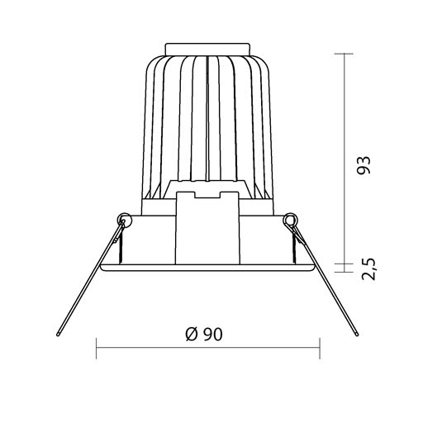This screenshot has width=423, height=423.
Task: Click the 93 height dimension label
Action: pyautogui.click(x=364, y=165)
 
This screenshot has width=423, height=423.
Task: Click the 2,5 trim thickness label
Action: pyautogui.click(x=368, y=269)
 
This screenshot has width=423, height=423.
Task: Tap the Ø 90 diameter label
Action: pyautogui.click(x=204, y=335)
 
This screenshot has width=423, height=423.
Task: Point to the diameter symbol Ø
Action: pyautogui.click(x=192, y=335)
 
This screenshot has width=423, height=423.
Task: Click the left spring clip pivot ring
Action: pyautogui.click(x=124, y=220)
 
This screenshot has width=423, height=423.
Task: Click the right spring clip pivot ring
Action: pyautogui.click(x=291, y=220)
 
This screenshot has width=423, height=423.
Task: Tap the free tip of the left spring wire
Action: pyautogui.click(x=58, y=335)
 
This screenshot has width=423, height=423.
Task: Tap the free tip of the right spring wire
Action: pyautogui.click(x=357, y=335)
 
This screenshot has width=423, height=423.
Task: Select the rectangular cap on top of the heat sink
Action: pyautogui.click(x=207, y=49)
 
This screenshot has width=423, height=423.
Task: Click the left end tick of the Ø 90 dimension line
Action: pyautogui.click(x=96, y=348)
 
